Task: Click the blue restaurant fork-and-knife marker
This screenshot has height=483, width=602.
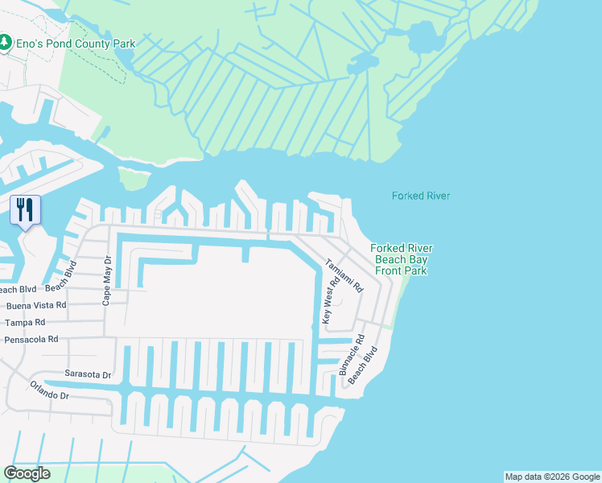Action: pyautogui.click(x=24, y=211)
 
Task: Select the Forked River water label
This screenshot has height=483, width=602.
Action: pyautogui.click(x=420, y=196)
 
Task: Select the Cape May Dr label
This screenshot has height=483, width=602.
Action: pyautogui.click(x=105, y=280)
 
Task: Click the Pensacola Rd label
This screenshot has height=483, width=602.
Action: pyautogui.click(x=31, y=340)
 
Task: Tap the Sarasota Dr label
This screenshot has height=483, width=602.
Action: pyautogui.click(x=87, y=375)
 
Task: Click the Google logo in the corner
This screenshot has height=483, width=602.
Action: pyautogui.click(x=27, y=473)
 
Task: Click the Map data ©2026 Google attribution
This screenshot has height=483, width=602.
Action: pyautogui.click(x=551, y=477)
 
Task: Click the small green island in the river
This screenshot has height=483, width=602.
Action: pyautogui.click(x=134, y=178)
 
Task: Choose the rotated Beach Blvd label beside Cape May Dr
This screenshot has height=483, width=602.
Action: pyautogui.click(x=70, y=277)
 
